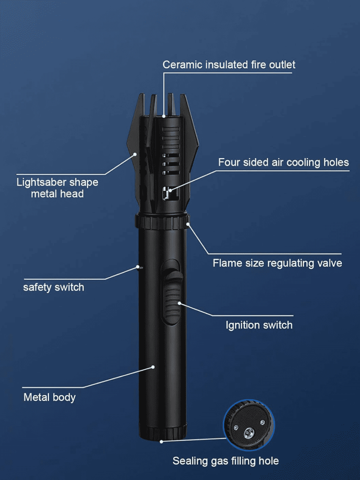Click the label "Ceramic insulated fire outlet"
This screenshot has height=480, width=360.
229,65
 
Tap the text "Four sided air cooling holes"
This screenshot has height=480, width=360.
283,162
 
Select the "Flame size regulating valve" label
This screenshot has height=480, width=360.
277,263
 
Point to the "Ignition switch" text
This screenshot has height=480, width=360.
259,325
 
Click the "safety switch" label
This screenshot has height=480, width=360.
54,287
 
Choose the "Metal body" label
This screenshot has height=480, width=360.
49,397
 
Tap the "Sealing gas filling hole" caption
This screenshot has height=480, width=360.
225,461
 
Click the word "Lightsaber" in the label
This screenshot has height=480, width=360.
42,182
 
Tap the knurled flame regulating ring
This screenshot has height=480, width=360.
162,222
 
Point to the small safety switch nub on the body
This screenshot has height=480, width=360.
140,267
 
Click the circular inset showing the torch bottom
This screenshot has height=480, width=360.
249,425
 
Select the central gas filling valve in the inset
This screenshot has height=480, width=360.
249,433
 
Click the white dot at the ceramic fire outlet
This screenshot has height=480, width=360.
164,116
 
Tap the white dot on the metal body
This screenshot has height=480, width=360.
153,367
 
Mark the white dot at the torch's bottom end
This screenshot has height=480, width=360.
161,441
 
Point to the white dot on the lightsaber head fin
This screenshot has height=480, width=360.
135,154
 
